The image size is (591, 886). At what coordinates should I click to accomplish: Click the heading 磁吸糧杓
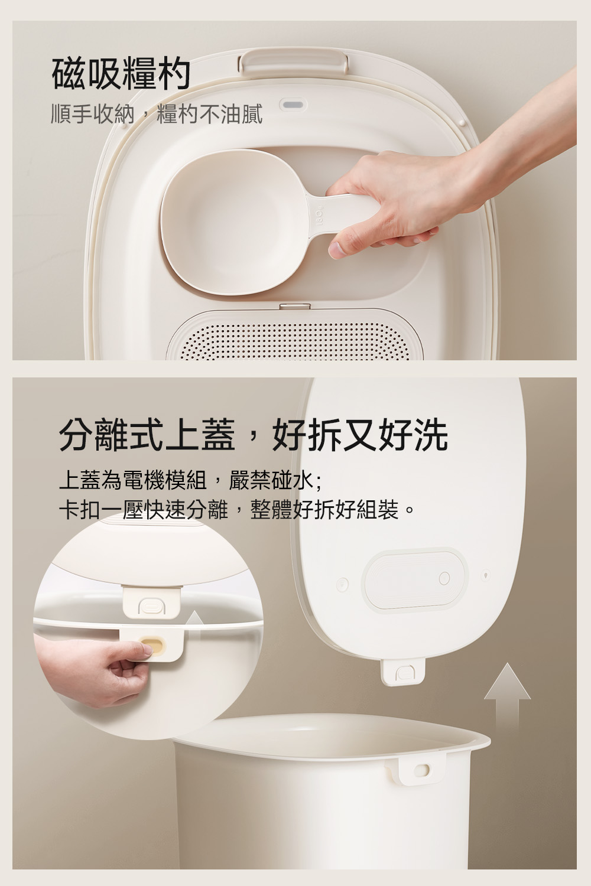[121, 74]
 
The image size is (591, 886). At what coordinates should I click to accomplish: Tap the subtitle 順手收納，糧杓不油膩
[157, 115]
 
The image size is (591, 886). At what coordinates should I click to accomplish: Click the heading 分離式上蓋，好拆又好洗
[254, 435]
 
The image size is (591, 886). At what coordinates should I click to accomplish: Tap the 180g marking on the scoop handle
[320, 215]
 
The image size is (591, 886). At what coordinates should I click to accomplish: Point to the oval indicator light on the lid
[293, 105]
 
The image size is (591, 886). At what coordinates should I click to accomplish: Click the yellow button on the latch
[153, 647]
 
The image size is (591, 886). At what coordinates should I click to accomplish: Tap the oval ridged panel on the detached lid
[415, 578]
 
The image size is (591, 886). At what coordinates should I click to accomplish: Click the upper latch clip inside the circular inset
[152, 601]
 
